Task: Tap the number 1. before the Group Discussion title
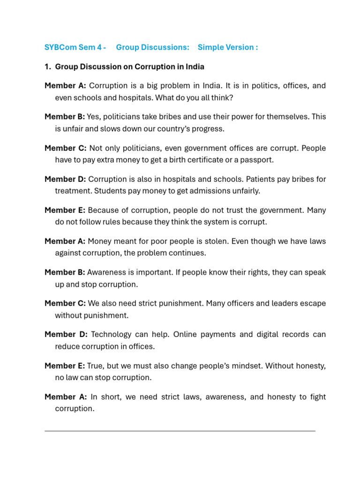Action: (47, 67)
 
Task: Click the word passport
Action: (258, 160)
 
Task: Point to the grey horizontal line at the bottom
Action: (180, 430)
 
